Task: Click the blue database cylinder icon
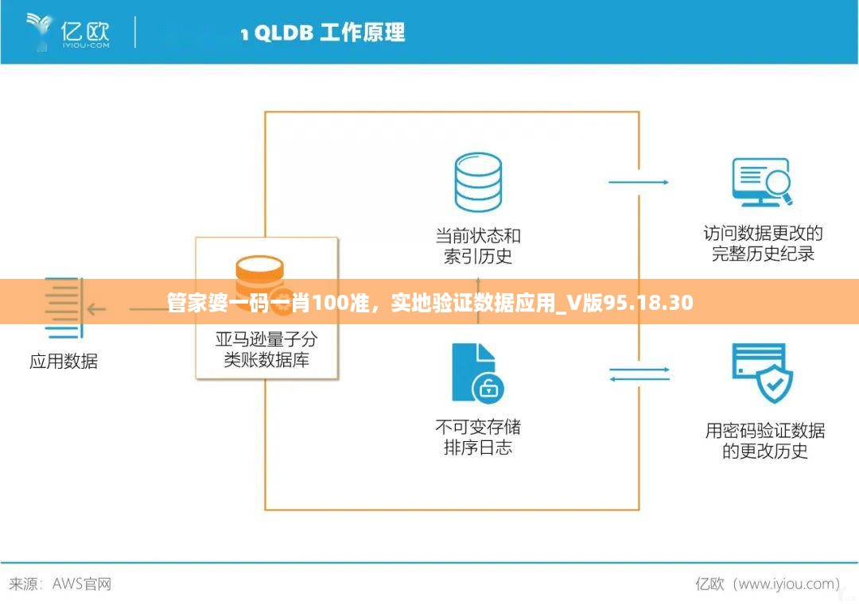[478, 183]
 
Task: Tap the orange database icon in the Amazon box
[259, 274]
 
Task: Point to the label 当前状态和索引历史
[478, 246]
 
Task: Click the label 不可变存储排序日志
[478, 437]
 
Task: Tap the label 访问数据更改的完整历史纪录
[763, 244]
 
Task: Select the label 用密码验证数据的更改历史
[764, 441]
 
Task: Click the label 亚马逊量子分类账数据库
[266, 350]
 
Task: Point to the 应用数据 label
[64, 362]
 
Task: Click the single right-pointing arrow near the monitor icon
[639, 182]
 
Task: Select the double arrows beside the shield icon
[639, 374]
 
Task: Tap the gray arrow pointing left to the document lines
[96, 309]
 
